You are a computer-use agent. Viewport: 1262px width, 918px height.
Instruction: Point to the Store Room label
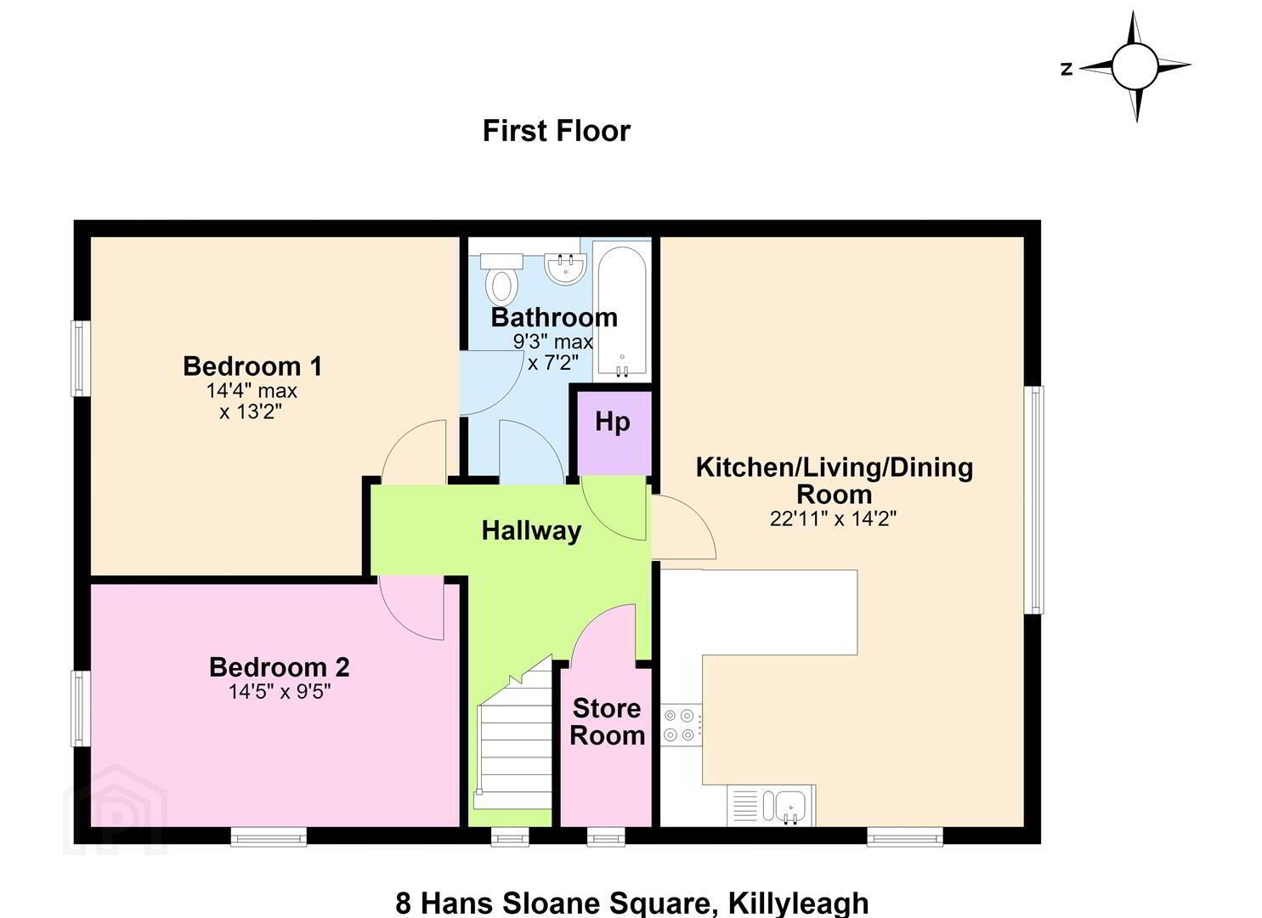[607, 722]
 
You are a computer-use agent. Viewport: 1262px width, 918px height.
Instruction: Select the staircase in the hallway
[514, 743]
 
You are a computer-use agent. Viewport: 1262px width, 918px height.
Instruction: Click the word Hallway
[531, 531]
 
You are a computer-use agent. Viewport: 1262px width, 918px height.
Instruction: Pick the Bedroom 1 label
[252, 366]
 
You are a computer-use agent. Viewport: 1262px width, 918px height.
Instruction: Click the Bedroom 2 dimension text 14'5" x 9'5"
[280, 691]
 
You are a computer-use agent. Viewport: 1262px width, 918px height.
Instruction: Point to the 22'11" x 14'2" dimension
[833, 518]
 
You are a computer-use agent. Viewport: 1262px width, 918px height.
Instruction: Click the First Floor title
[556, 131]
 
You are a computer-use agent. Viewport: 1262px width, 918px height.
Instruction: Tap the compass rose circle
[1135, 66]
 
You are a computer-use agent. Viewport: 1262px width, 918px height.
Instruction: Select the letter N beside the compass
[1066, 69]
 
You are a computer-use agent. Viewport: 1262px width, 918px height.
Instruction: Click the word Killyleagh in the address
[798, 904]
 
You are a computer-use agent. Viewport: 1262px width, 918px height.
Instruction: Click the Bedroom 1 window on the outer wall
[81, 359]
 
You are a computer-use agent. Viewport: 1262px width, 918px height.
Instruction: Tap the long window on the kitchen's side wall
[1034, 500]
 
